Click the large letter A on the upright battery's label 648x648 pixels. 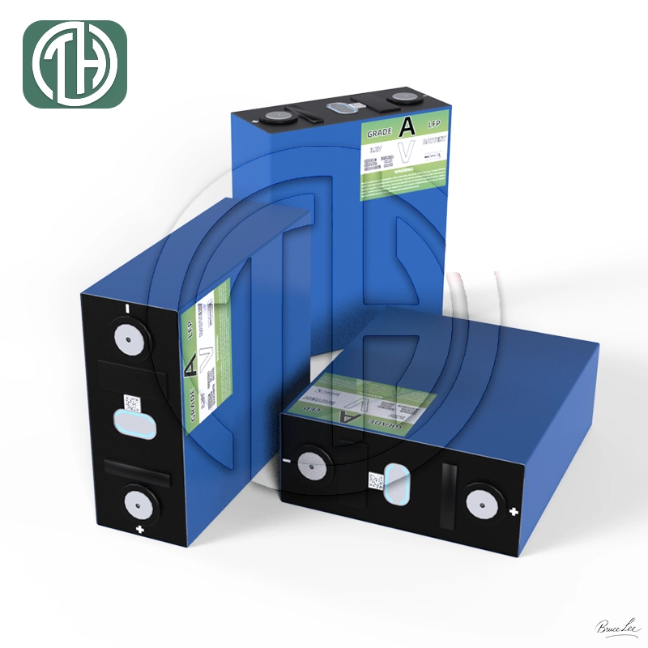pyautogui.click(x=407, y=127)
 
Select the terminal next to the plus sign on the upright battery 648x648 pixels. pyautogui.click(x=283, y=117)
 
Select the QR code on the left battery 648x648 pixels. pyautogui.click(x=130, y=402)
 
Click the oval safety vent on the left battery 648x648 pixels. pyautogui.click(x=129, y=423)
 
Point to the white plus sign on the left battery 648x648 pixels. pyautogui.click(x=139, y=531)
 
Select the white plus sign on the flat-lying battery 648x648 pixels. pyautogui.click(x=513, y=511)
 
